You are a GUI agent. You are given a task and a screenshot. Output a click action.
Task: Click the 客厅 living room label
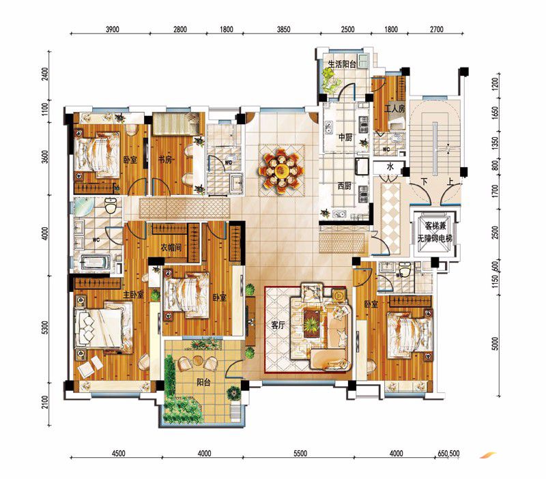tap(278, 325)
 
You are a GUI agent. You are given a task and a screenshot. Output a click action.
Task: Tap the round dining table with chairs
tap(281, 171)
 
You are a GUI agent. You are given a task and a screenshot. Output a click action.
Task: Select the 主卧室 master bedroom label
tap(133, 295)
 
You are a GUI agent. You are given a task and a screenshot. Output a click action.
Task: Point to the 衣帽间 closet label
tap(171, 248)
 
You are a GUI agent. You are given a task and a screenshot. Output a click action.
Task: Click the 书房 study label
tap(165, 160)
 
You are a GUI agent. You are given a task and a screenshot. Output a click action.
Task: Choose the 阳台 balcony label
tap(203, 382)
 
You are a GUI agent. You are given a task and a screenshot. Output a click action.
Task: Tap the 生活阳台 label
tap(342, 64)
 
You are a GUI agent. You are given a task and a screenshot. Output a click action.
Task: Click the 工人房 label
tap(394, 108)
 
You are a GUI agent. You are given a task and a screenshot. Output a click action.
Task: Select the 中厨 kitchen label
tap(345, 138)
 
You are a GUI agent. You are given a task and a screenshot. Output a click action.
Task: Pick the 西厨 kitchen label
tap(345, 186)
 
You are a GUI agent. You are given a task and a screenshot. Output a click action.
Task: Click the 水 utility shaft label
tap(390, 166)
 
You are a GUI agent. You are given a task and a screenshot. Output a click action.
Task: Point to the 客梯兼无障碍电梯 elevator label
tap(435, 232)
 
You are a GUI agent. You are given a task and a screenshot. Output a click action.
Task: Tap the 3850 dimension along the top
tap(283, 29)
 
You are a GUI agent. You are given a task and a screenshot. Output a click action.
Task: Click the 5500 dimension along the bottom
tap(300, 453)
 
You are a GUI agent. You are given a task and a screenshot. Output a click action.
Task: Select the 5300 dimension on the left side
tap(45, 328)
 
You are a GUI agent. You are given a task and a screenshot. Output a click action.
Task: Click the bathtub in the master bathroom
tap(96, 263)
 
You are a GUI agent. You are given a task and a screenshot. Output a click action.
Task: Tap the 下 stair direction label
tap(424, 182)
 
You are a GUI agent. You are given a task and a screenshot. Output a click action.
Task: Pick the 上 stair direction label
tap(450, 182)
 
